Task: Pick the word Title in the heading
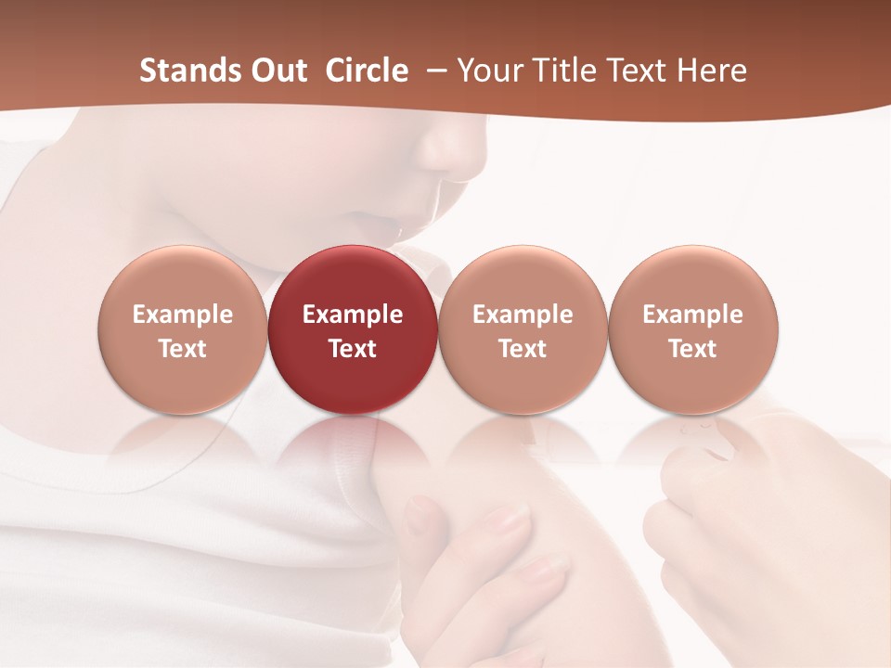(561, 71)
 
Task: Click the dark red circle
(353, 330)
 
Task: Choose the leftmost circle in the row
(183, 330)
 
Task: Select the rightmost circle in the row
(693, 330)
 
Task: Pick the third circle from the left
(523, 330)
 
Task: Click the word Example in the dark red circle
(353, 315)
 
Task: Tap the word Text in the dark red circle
(353, 349)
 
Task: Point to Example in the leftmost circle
(183, 315)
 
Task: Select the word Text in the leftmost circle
(183, 349)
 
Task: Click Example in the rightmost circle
(693, 315)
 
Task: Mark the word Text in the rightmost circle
(693, 349)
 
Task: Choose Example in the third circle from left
(523, 315)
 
